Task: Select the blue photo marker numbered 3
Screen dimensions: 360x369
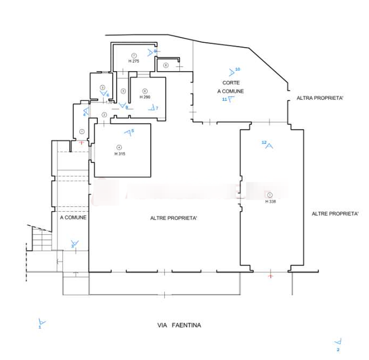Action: pos(74,241)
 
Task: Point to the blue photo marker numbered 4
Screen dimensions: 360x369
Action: pos(85,110)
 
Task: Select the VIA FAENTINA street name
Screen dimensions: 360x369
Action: pos(180,325)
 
